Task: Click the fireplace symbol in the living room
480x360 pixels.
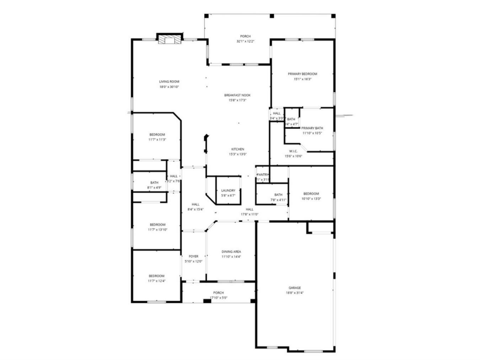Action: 170,39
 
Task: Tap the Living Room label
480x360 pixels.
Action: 169,81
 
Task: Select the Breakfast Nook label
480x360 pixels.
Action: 237,95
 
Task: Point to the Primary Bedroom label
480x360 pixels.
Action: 302,74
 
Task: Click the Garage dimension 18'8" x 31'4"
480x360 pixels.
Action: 295,293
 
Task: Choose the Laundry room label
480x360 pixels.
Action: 228,191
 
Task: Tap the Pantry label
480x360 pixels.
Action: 263,175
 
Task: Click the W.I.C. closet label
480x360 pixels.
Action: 293,151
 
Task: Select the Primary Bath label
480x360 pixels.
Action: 312,128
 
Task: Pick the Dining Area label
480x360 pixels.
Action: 231,252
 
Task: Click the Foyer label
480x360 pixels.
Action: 193,256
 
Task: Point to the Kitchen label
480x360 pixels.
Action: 238,149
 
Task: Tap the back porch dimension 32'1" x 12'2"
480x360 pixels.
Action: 245,41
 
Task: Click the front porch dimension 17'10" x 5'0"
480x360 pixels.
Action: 218,298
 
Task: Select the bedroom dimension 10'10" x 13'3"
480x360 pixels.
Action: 311,199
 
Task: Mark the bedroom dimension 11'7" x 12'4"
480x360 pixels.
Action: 156,281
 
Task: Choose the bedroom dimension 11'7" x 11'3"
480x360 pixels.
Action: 157,140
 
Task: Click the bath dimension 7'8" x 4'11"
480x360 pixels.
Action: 278,200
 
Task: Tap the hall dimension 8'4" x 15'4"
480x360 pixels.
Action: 196,210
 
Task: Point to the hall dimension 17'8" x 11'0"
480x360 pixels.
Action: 250,215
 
